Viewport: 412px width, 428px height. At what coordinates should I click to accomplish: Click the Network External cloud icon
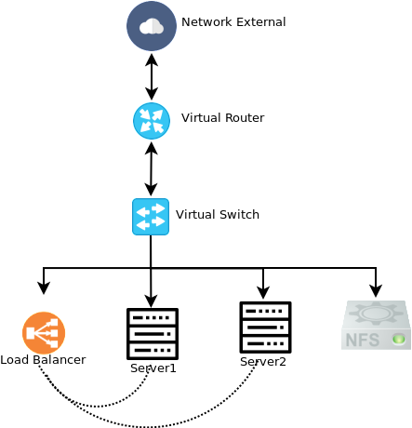point(152,26)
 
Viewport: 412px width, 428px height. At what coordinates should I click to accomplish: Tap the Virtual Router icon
point(152,121)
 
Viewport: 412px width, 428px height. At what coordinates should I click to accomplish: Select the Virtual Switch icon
point(151,217)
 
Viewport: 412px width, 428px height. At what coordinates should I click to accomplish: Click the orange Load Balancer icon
point(44,333)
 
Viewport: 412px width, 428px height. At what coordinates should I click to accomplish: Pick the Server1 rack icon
point(153,334)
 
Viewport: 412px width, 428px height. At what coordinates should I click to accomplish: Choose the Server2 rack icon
point(265,328)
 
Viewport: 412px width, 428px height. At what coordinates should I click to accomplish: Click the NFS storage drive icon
point(377,325)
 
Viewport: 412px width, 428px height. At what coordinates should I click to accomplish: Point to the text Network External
point(233,22)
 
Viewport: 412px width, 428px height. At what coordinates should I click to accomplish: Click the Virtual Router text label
point(222,118)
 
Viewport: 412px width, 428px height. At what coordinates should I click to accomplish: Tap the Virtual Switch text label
point(218,215)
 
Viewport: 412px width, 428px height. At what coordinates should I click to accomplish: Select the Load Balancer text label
point(43,360)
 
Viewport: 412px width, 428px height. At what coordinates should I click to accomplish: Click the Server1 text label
point(153,368)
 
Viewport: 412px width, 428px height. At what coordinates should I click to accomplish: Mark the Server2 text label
point(263,362)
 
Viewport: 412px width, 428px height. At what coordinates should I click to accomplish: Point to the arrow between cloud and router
point(152,76)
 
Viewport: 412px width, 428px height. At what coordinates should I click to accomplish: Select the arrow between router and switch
point(152,168)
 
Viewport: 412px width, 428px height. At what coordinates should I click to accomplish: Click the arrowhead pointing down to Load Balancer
point(44,288)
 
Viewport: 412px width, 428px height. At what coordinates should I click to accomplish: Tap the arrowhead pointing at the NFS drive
point(376,291)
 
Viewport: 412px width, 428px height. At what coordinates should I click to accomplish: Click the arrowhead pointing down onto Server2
point(263,293)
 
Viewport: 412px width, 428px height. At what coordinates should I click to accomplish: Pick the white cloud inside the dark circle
point(152,26)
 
